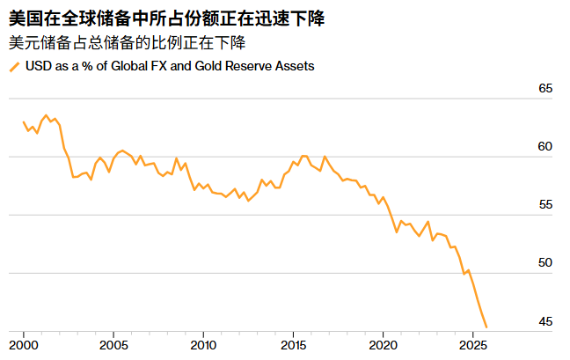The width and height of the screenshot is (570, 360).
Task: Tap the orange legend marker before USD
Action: tap(13, 67)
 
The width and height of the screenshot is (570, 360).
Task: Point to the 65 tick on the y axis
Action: tap(544, 89)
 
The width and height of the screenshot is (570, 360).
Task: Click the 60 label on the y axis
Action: tap(544, 147)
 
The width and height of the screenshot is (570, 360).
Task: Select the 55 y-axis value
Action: tap(544, 205)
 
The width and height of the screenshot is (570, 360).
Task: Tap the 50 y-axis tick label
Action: tap(544, 263)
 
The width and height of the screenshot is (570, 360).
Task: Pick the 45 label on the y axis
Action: tap(544, 321)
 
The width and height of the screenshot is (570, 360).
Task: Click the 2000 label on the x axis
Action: tap(23, 345)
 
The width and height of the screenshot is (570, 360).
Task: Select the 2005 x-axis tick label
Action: tap(113, 345)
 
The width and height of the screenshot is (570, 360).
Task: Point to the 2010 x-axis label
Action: tap(203, 345)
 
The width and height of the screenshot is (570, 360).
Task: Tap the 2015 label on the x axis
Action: tap(294, 345)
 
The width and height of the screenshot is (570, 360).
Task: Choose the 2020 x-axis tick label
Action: tap(384, 345)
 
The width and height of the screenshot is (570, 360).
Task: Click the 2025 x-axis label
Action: tap(473, 345)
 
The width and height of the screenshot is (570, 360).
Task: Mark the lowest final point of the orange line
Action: tap(486, 327)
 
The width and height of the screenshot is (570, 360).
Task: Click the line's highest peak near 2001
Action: tap(46, 115)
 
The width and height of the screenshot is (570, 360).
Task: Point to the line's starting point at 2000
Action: tap(24, 122)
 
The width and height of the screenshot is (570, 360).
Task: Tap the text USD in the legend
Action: tap(37, 66)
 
